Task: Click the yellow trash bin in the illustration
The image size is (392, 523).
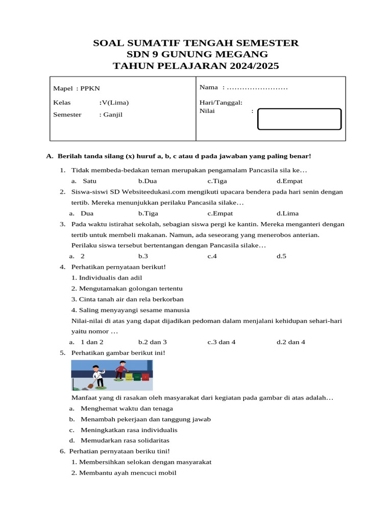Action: pos(129,377)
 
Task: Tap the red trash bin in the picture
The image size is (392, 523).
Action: pos(145,377)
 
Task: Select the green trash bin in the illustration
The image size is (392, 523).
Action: pos(137,377)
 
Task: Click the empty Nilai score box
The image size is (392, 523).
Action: pos(299,119)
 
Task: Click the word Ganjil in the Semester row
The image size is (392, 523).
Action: pos(112,114)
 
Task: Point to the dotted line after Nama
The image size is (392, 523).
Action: pos(257,88)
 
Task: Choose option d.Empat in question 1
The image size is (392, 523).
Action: pos(289,181)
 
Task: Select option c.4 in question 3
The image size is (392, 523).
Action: pos(212,256)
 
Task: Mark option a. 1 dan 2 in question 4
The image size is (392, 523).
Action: pos(92,342)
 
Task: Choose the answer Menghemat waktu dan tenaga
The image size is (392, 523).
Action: pos(127,408)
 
